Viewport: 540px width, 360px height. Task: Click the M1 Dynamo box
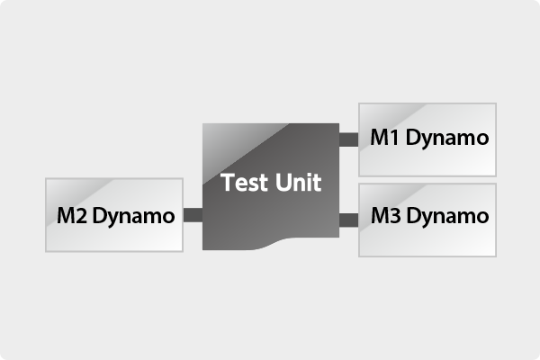click(427, 139)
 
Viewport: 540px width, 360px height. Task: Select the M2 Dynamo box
click(114, 215)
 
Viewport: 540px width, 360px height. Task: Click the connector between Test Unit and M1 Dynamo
click(348, 139)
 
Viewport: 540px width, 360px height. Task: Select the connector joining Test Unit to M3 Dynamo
click(348, 218)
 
